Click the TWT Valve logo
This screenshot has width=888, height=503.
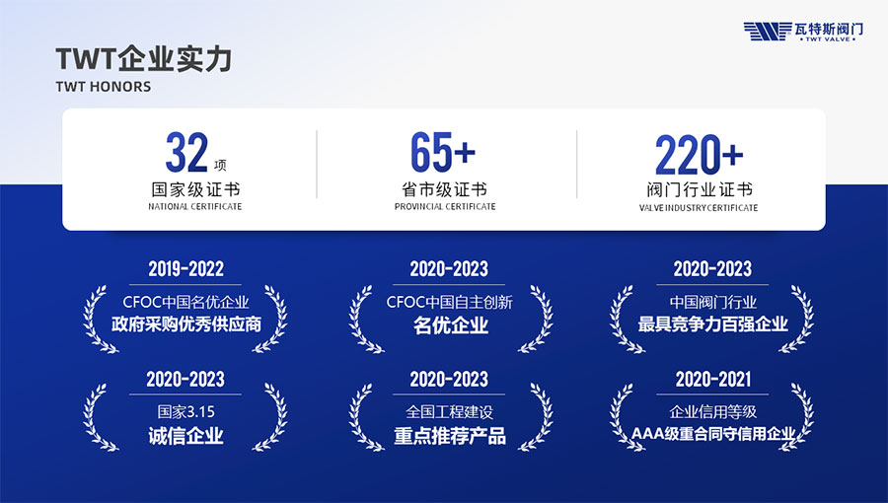coord(803,32)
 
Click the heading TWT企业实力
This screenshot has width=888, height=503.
coord(144,59)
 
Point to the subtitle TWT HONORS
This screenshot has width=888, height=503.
coord(104,87)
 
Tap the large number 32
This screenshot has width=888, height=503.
coord(186,152)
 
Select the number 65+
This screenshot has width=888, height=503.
coord(443,152)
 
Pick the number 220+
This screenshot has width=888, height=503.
coord(699,155)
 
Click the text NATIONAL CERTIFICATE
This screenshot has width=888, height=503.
coord(194,206)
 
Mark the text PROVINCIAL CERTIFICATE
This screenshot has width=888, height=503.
coord(445,206)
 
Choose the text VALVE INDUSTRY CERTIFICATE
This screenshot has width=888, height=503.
coord(699,208)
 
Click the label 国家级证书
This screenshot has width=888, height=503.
coord(195,189)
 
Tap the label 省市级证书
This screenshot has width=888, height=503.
coord(445,189)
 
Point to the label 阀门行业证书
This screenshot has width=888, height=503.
coord(700,189)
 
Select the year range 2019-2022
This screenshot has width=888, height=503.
coord(185,268)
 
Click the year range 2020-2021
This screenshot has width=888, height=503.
coord(713,379)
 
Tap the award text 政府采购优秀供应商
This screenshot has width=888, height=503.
coord(186,324)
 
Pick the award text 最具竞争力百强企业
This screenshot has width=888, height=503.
coord(712,324)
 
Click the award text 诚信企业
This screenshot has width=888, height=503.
coord(185,436)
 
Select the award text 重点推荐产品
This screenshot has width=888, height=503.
coord(450,436)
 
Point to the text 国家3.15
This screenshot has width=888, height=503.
coord(185,411)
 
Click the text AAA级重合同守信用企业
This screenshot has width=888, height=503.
coord(713,434)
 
